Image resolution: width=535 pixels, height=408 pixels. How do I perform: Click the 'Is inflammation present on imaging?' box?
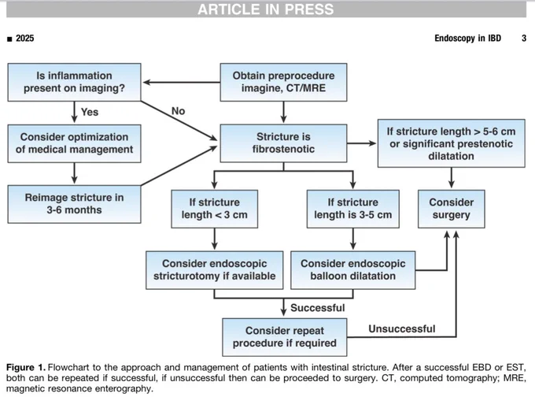point(74,82)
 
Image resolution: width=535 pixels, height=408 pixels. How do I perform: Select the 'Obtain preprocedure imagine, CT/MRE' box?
point(283,82)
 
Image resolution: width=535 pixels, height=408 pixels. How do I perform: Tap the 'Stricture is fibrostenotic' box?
point(283,143)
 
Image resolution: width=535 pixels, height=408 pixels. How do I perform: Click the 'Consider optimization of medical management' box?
point(74,143)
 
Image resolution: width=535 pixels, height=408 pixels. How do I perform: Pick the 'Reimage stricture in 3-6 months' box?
point(74,204)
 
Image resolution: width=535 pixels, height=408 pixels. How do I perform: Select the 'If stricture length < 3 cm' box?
point(214,209)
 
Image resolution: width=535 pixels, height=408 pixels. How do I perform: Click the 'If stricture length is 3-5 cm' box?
point(352,209)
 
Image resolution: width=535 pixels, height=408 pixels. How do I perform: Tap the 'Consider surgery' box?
point(452,209)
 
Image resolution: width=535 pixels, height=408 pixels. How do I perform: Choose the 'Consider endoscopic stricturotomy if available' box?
point(214,270)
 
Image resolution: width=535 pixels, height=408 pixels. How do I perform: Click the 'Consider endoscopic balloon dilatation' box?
point(352,270)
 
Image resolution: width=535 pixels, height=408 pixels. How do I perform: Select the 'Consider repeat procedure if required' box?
point(285,337)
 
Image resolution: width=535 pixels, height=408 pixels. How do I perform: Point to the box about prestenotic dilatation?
point(451,143)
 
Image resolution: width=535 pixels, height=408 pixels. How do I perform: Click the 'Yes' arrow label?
point(90,112)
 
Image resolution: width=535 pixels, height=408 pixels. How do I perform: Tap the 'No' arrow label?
point(178,111)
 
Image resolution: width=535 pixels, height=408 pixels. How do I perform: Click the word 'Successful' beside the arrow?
point(318,308)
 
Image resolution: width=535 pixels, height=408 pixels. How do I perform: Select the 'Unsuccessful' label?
point(402,328)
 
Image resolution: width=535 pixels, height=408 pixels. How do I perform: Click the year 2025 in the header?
point(25,39)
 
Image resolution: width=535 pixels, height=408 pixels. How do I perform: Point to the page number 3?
point(524,39)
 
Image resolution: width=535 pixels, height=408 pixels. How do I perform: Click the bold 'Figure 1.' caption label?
point(26,368)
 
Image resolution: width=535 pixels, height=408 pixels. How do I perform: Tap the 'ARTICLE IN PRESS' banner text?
point(266,9)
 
